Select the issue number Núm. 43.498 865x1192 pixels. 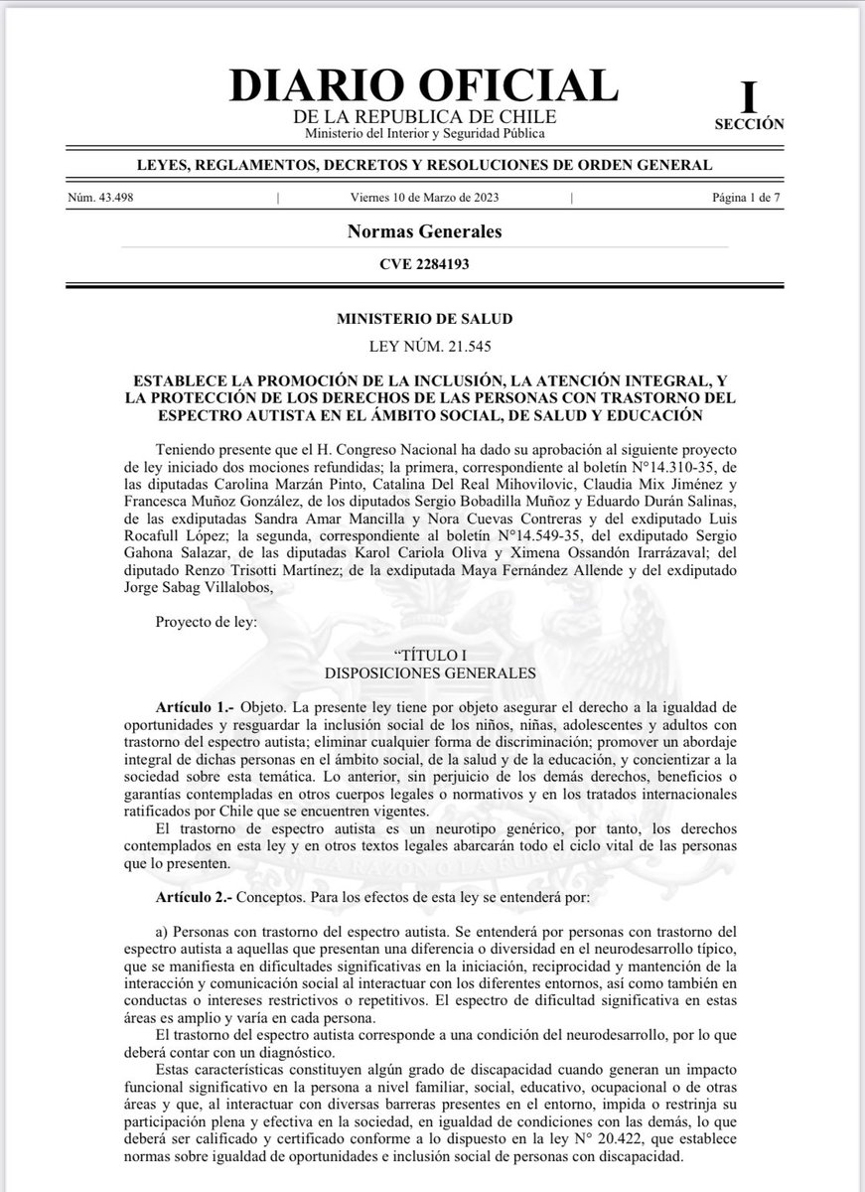point(100,197)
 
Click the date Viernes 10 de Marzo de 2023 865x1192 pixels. point(424,197)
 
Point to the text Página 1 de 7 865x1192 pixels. point(748,197)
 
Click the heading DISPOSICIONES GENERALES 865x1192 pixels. point(424,672)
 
